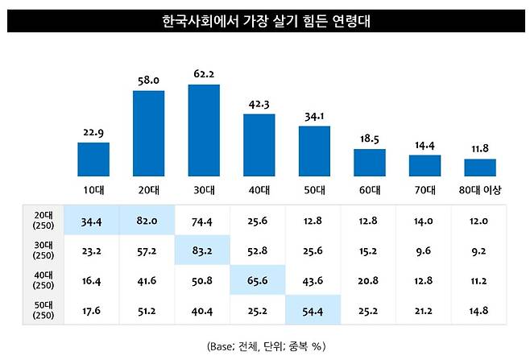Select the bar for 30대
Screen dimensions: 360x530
(204, 130)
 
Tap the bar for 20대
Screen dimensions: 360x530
(148, 133)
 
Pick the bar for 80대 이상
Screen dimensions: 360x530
(479, 168)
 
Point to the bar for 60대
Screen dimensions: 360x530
(370, 162)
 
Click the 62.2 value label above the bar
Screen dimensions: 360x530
(204, 75)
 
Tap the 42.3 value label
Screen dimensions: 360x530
(259, 104)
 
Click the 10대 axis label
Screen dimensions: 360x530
(93, 190)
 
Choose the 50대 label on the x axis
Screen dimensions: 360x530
(314, 190)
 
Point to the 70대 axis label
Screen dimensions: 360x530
(424, 190)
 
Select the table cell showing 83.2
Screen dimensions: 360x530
(204, 250)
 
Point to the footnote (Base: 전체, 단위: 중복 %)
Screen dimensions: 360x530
(264, 346)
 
